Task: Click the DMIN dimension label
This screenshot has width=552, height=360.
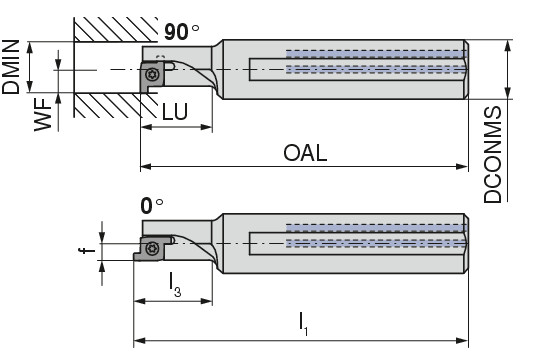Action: [x=11, y=67]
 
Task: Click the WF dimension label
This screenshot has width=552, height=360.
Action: [x=43, y=115]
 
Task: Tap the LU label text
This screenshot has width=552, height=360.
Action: [x=175, y=112]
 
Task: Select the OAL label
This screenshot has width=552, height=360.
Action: [x=305, y=153]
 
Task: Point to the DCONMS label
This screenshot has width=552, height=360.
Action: [x=492, y=154]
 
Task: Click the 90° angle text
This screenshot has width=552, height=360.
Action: [x=181, y=32]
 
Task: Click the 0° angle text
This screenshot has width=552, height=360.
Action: [x=152, y=206]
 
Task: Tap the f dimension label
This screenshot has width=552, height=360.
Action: [x=87, y=250]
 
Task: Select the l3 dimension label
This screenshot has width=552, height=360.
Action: [x=175, y=285]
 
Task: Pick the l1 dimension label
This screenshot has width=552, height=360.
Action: [x=303, y=324]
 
